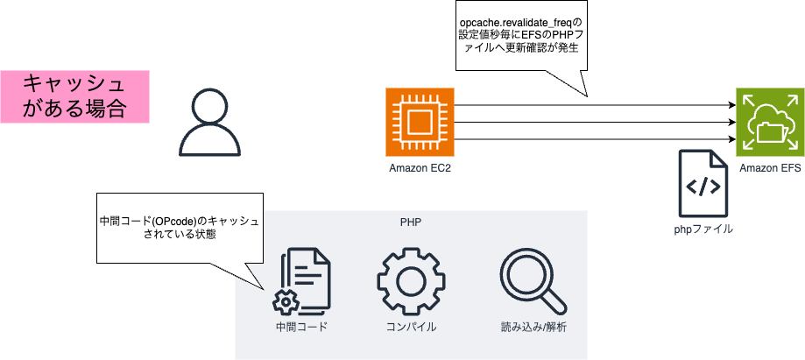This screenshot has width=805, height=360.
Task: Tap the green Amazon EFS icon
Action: pos(769,122)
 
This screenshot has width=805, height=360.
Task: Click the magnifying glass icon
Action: pos(531,282)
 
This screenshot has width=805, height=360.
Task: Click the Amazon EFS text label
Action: pos(769,167)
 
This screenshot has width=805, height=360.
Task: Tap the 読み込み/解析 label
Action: pos(532,328)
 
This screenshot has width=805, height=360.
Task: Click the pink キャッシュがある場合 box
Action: pos(74,96)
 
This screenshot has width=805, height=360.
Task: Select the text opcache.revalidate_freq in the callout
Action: pos(520,20)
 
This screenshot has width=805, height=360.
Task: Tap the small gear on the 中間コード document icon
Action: pos(286,302)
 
